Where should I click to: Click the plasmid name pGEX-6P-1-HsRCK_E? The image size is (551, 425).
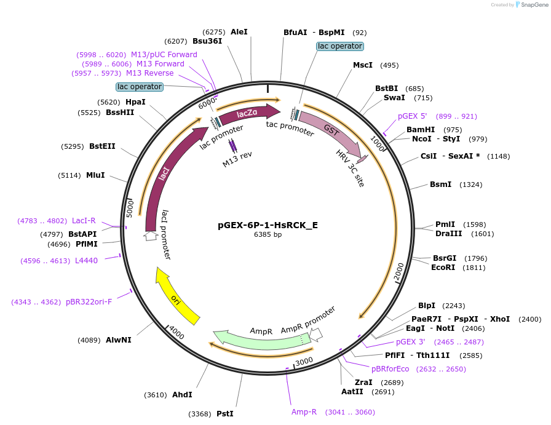(x=268, y=224)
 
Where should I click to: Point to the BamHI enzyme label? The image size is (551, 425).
(x=421, y=130)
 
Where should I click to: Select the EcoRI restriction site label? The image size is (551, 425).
(x=443, y=268)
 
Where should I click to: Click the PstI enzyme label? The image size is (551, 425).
(x=225, y=414)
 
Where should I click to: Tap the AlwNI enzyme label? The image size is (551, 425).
(x=118, y=340)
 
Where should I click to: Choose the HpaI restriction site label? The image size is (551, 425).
(x=135, y=101)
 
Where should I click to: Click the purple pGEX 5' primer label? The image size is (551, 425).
(x=412, y=116)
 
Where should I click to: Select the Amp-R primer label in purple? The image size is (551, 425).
(x=304, y=411)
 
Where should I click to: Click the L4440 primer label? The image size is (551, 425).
(x=87, y=261)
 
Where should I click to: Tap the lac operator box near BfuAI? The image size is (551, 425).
(x=340, y=46)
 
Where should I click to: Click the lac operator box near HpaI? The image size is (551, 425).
(x=140, y=87)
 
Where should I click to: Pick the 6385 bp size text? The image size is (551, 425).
(x=268, y=234)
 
